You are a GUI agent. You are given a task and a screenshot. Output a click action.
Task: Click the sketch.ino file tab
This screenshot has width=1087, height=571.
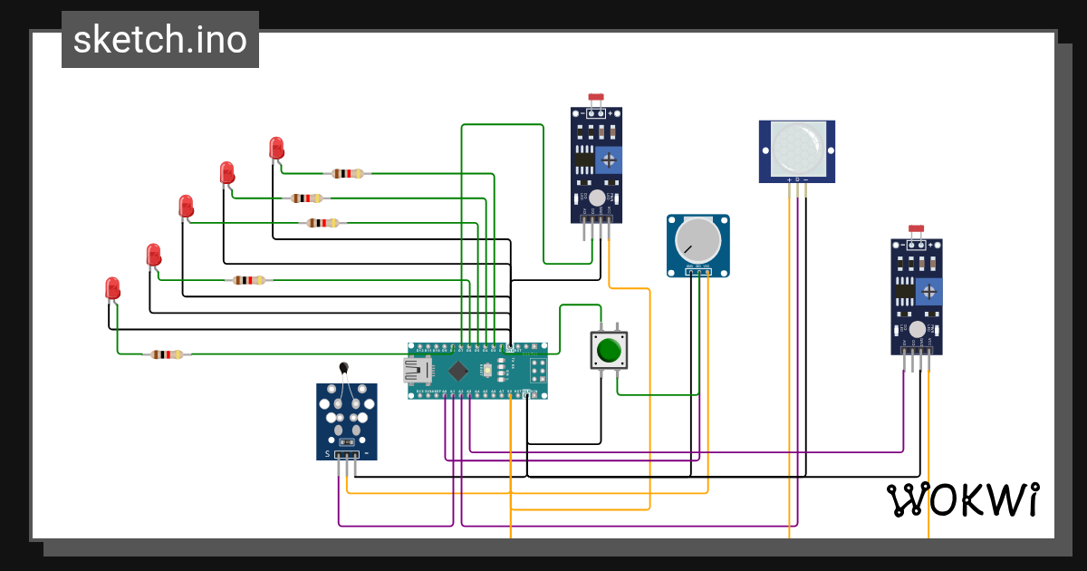pos(160,40)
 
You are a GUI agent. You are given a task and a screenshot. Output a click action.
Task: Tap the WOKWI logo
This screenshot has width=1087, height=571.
pos(962,499)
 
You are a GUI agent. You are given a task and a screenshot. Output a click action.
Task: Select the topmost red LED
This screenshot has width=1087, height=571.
pos(276,148)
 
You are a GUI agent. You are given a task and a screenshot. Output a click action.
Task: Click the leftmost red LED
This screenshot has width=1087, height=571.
pos(112,289)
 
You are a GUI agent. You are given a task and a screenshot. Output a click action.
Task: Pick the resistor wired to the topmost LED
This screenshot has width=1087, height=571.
pos(347,173)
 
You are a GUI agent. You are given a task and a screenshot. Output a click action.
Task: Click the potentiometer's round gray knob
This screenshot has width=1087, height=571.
pos(697,239)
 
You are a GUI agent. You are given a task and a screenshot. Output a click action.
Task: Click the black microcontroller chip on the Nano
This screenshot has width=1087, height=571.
pos(459,370)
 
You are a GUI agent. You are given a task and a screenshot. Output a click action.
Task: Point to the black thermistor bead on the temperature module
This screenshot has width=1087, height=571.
pos(343,367)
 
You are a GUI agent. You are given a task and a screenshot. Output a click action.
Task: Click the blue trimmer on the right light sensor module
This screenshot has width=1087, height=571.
pos(928,292)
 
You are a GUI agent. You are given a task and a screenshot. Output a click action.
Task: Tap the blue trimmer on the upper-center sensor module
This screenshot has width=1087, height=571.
pos(609,160)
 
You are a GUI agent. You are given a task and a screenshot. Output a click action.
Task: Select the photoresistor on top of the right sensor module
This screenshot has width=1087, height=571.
pos(917,233)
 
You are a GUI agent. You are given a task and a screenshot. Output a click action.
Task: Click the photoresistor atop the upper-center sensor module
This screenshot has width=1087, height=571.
pos(595,98)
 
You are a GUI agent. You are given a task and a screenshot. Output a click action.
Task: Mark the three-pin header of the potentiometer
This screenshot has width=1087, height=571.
pos(697,270)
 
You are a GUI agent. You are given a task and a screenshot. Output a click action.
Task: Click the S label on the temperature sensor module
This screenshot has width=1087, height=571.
pos(327,453)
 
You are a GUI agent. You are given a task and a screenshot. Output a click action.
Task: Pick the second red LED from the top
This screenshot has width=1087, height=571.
pos(227,172)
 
